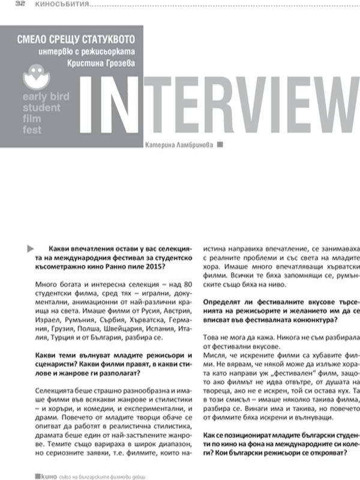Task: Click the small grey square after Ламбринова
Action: click(220, 144)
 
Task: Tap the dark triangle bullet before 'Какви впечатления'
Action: click(31, 247)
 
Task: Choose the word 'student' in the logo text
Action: click(41, 108)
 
